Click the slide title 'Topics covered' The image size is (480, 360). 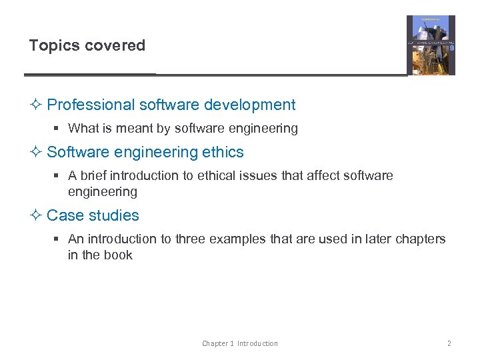tap(87, 46)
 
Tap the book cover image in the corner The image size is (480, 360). tap(431, 45)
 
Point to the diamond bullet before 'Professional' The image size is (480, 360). tap(37, 105)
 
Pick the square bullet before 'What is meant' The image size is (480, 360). tap(59, 129)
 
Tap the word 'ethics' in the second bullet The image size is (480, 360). tap(223, 152)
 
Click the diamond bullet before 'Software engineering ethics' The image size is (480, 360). tap(37, 152)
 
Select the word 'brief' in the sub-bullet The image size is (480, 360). tap(93, 176)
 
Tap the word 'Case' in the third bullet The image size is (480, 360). tap(63, 215)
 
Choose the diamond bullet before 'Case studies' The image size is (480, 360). tap(37, 215)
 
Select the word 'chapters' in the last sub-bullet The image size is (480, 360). tap(421, 239)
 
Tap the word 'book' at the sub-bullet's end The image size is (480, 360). tap(119, 255)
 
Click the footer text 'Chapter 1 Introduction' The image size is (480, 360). tap(240, 343)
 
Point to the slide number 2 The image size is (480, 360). tap(449, 343)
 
